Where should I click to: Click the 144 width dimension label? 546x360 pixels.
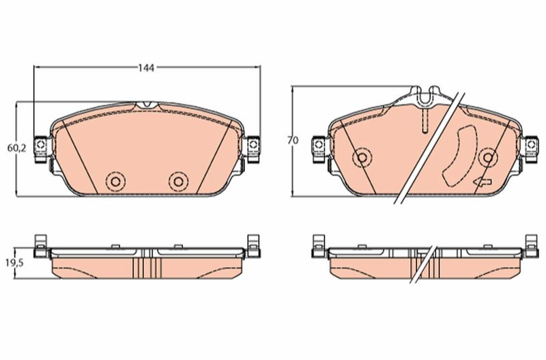(146, 68)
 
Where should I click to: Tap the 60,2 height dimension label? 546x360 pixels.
(16, 148)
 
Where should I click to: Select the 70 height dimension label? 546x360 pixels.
(293, 141)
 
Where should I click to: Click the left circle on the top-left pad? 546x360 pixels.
(115, 182)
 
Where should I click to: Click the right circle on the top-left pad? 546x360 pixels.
(178, 182)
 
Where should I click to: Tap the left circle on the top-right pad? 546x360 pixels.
(362, 158)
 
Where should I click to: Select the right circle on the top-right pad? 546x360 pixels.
(488, 158)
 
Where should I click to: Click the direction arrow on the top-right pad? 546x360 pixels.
(483, 182)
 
